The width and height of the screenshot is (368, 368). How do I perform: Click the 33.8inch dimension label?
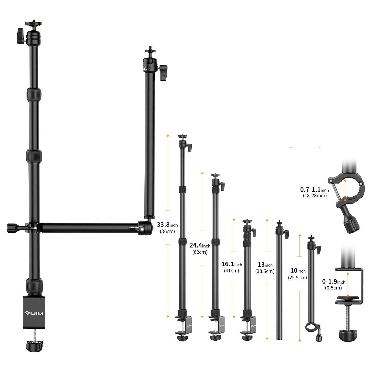[167, 225]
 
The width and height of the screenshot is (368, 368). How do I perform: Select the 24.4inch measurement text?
[200, 246]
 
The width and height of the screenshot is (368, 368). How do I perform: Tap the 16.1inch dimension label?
[232, 264]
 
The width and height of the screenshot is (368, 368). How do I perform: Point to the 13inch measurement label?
[265, 265]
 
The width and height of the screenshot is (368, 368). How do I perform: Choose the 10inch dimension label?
[298, 271]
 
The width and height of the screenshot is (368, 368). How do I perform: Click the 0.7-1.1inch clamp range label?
[314, 190]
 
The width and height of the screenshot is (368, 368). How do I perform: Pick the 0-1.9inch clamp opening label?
[334, 282]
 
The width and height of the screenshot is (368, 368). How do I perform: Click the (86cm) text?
[167, 232]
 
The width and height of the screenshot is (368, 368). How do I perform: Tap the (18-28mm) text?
[315, 196]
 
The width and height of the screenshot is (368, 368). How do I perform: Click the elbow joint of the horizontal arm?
[144, 227]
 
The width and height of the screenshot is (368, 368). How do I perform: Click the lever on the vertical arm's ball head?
[164, 72]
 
